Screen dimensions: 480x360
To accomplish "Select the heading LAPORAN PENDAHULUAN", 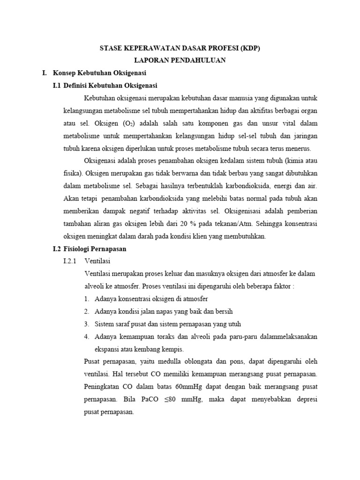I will (180, 60).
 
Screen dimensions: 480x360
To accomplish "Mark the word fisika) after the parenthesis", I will (73, 174).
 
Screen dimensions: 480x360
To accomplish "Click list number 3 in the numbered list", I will (87, 324).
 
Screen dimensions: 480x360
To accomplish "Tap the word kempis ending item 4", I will (172, 349).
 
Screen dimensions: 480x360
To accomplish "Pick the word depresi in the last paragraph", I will (305, 400).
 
